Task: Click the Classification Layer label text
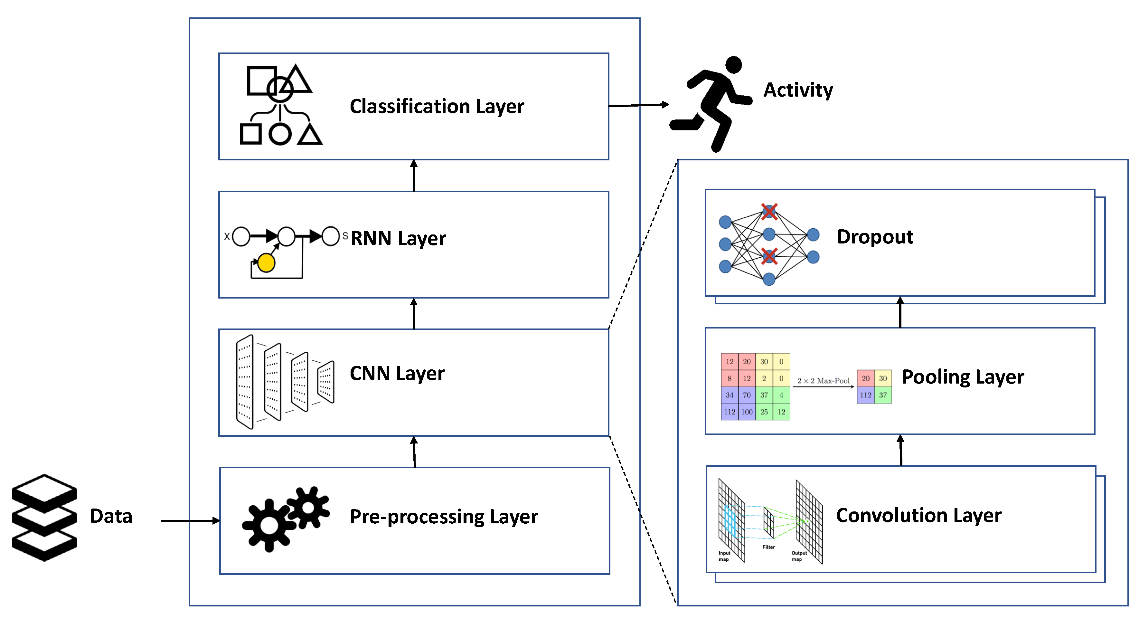[x=437, y=106]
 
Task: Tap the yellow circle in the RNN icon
[x=266, y=262]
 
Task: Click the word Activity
[x=798, y=90]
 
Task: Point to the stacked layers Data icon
[x=44, y=517]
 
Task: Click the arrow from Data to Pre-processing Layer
[x=190, y=521]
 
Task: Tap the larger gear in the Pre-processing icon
[x=269, y=526]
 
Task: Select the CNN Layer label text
[x=397, y=374]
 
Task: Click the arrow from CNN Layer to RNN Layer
[x=414, y=314]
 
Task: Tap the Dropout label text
[x=875, y=237]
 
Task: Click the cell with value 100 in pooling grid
[x=747, y=412]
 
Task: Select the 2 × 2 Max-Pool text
[x=823, y=381]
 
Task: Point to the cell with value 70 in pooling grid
[x=747, y=395]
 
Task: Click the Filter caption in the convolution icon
[x=768, y=547]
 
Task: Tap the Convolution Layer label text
[x=918, y=516]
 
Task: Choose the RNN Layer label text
[x=398, y=238]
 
